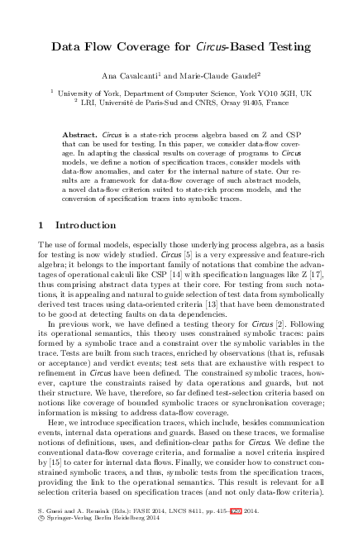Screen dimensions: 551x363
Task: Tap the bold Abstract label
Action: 80,133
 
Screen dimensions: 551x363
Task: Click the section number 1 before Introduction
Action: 42,224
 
